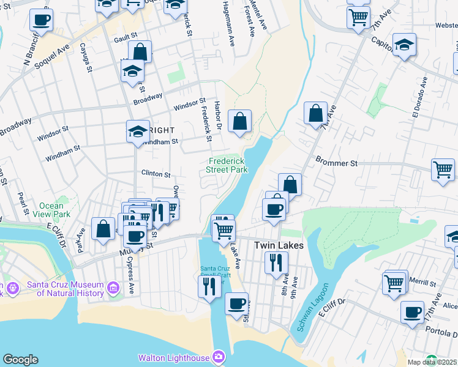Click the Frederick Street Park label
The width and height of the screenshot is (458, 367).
tap(227, 165)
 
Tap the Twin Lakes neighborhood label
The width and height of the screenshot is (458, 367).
tap(276, 245)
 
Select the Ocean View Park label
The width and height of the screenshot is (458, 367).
tap(54, 210)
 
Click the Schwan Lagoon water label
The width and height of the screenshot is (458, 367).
tap(313, 307)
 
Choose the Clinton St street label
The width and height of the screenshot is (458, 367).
tap(156, 174)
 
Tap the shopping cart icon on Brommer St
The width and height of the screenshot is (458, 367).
tap(443, 169)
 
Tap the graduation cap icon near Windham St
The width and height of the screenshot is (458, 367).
tap(138, 130)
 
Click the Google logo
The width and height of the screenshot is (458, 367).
tap(20, 360)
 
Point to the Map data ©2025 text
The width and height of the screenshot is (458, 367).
tap(432, 362)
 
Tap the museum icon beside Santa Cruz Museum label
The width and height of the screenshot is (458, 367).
tap(112, 287)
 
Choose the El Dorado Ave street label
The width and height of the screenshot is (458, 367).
tap(418, 99)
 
